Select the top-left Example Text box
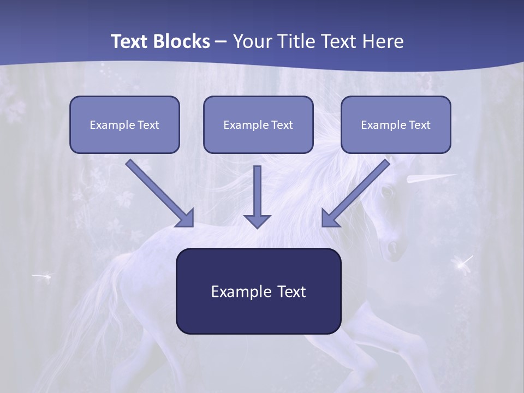coord(124,124)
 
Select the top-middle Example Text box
coord(258,124)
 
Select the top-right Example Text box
coord(396,124)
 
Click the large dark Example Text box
coord(258,291)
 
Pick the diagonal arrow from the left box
coord(159,192)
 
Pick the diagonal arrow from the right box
coord(356,192)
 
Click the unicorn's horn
coord(431,178)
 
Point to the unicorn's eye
coord(386,192)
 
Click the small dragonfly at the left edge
coord(43,276)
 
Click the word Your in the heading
coord(252,41)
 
